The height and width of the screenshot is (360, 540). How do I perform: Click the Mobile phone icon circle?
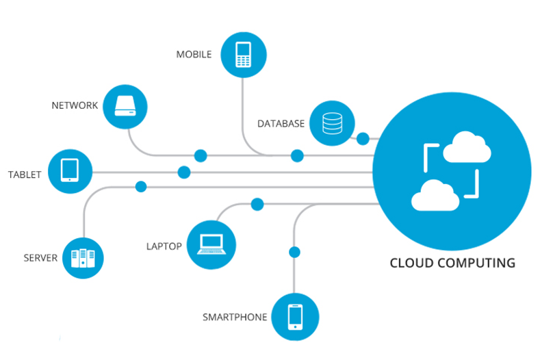243,53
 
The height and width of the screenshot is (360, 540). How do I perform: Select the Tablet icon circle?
70,170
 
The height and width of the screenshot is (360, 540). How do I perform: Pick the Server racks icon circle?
83,257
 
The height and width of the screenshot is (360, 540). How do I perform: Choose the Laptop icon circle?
211,244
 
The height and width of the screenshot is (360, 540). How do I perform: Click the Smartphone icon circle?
295,316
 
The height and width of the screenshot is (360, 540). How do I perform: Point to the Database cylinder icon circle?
332,123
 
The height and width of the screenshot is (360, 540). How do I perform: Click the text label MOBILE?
194,54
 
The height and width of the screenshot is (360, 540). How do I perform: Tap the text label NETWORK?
75,106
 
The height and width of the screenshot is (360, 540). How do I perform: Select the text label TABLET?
25,175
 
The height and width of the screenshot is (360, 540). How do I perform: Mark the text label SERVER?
40,258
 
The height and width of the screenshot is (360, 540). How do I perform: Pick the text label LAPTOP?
164,246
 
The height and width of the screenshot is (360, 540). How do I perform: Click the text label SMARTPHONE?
233,318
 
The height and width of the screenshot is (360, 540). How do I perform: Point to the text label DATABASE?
281,124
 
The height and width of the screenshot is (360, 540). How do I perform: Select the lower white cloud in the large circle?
435,195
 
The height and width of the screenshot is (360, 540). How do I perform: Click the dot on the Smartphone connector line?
295,252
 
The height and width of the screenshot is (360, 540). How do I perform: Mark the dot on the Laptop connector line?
257,204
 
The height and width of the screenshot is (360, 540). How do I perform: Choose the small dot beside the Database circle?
363,139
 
